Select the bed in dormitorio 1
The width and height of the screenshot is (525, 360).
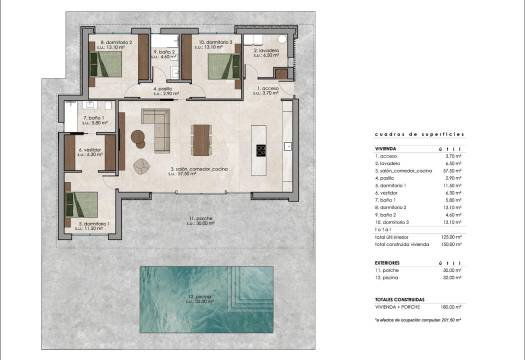click(82, 204)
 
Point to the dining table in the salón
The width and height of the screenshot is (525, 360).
click(203, 138)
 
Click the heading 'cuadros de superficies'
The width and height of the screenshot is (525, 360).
click(419, 132)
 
